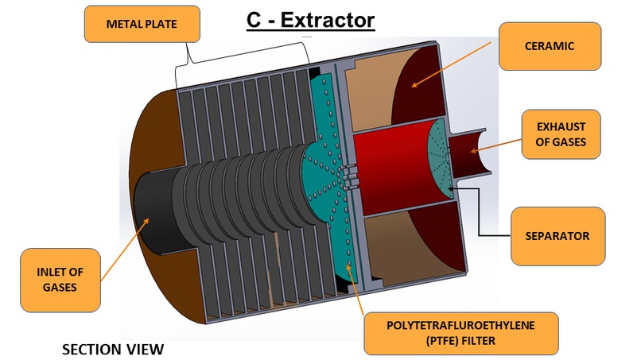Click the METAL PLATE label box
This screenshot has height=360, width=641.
[x=142, y=25]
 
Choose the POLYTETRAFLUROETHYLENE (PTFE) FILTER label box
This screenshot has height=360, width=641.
[x=460, y=333]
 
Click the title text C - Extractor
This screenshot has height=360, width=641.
[x=310, y=19]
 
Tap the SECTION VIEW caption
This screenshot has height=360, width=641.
[x=112, y=349]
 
